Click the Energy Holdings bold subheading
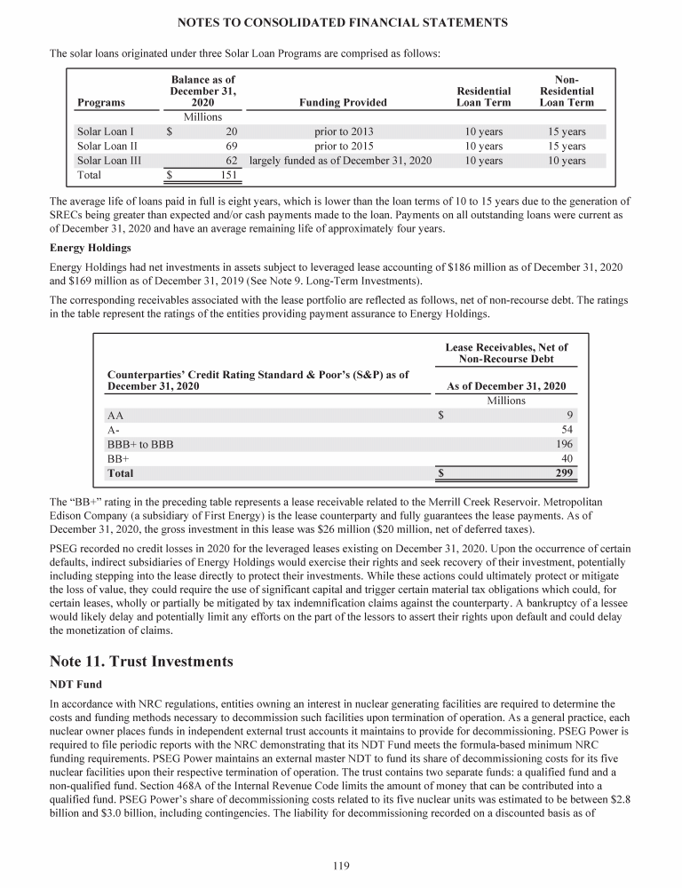(91, 248)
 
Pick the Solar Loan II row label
(107, 147)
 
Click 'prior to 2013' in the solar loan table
(344, 131)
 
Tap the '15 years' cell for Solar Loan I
(567, 131)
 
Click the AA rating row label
(115, 415)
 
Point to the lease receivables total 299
(563, 473)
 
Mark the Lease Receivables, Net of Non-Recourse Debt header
(506, 353)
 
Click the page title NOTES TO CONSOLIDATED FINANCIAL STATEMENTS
(341, 20)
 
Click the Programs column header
(101, 102)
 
